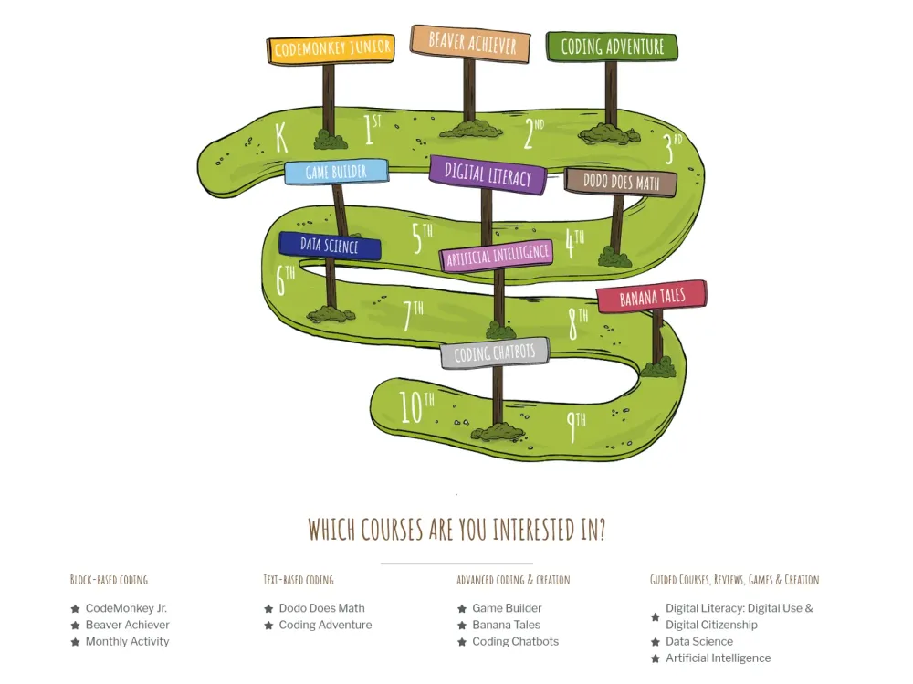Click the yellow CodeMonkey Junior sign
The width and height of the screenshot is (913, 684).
331,49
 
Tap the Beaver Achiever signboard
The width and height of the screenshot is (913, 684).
470,43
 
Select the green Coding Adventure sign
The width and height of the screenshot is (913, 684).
612,47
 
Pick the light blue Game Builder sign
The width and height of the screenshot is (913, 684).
336,172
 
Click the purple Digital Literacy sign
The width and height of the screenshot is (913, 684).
488,174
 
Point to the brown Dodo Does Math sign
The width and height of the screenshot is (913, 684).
621,183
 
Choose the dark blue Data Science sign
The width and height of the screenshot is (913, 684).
330,246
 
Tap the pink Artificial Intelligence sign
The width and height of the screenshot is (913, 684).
497,255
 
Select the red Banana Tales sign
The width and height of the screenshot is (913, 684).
652,297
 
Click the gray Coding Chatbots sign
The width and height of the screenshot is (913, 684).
494,353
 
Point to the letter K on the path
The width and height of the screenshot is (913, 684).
281,138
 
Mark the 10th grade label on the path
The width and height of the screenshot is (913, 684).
415,406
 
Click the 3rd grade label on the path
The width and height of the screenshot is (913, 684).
673,148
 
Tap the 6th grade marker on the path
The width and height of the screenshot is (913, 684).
285,280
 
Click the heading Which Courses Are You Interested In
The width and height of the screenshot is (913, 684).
457,530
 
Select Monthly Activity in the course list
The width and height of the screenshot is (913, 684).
127,641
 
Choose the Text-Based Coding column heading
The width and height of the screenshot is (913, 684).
299,580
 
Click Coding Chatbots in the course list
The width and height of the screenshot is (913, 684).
515,641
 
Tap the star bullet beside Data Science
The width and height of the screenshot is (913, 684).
655,642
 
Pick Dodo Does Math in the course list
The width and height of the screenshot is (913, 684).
321,608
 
